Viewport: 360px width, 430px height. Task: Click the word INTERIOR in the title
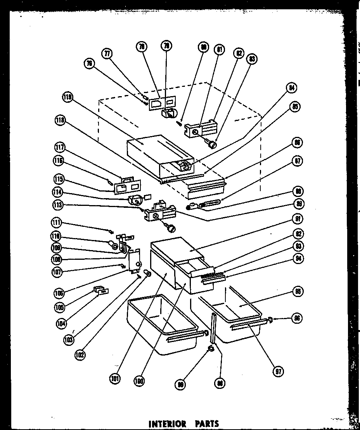click(x=167, y=423)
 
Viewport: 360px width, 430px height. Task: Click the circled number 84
click(x=292, y=88)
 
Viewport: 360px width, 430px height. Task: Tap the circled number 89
click(x=299, y=204)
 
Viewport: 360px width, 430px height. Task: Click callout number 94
click(x=299, y=259)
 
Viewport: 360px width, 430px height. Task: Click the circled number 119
click(x=67, y=98)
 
